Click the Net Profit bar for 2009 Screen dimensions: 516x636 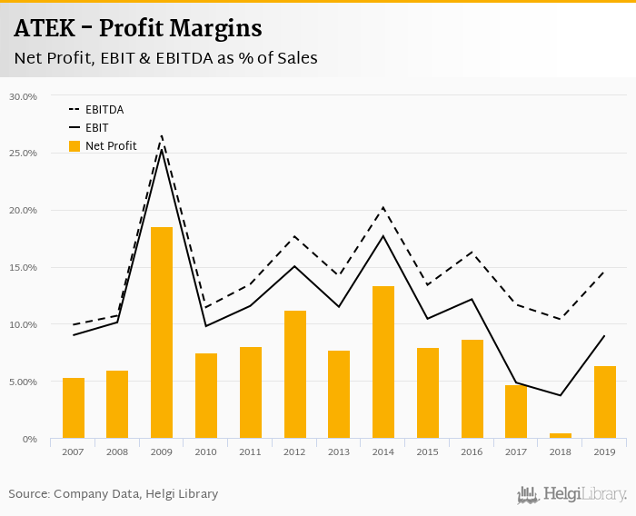162,332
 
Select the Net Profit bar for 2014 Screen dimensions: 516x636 383,362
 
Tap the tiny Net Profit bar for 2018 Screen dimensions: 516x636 561,436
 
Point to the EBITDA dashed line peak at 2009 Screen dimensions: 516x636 162,136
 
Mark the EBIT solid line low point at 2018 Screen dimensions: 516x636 561,395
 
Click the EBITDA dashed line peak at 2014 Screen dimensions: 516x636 383,208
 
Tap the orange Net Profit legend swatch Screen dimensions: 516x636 74,145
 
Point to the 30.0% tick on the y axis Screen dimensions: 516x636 23,96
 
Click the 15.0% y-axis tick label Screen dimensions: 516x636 23,268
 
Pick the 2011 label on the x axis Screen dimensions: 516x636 251,451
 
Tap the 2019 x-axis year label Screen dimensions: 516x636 605,451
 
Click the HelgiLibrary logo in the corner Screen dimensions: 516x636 572,494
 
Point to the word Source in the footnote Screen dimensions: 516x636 28,494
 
